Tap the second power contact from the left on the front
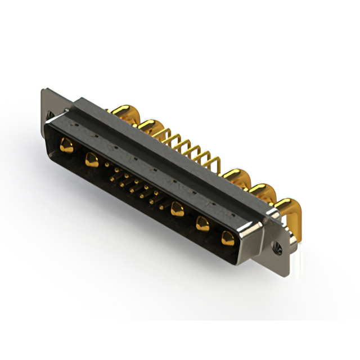pos(91,160)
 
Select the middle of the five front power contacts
pos(177,210)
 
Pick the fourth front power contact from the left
pos(202,224)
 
